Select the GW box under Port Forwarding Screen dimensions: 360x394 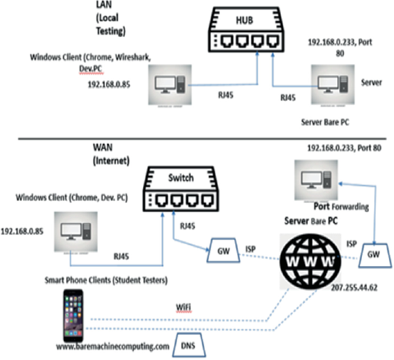373,253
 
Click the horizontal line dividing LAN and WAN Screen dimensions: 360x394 196,139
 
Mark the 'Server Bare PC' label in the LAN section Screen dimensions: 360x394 325,122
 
